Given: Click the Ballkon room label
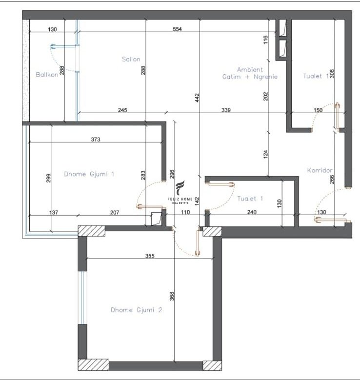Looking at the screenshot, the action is pos(47,75).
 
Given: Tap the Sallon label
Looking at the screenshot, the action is pos(131,59).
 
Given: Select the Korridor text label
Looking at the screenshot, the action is pos(320,170).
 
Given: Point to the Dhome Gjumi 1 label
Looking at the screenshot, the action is pos(89,174).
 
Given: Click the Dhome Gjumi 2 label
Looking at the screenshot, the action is pos(136,310).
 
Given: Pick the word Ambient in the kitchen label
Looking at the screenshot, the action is pos(250,70).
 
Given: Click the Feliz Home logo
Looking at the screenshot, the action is pos(180,192).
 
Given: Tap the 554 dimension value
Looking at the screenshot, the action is pos(177,29).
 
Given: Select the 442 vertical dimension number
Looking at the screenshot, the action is pos(198,98).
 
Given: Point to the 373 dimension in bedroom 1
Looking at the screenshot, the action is pos(96,140).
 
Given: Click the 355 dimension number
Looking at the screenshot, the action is pos(150,256).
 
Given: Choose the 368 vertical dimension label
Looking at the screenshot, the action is pos(172,296).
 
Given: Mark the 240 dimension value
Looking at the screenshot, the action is pos(252,212).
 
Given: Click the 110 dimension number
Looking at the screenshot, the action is pos(185,212).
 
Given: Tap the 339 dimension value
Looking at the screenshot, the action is pos(226,110).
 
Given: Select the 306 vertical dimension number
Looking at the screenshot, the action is pos(332,74).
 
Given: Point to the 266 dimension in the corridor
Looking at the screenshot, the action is pos(332,180).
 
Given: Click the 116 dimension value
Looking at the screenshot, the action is pos(266,40).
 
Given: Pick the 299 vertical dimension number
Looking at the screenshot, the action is pos(48,178).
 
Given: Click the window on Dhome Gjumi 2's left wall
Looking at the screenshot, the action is pos(82,298).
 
